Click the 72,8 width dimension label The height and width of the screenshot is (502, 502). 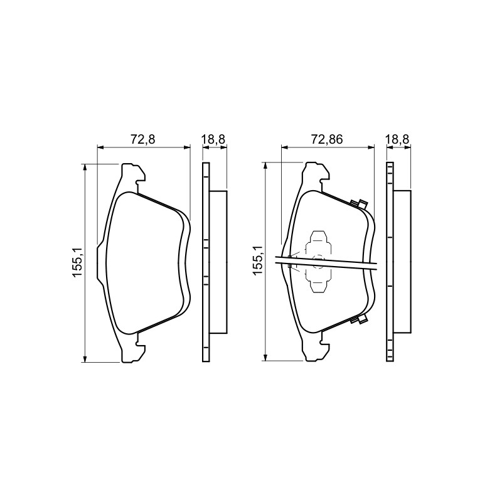[143, 139]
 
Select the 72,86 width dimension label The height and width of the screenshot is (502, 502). [326, 139]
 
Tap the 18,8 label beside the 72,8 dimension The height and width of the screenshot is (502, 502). [213, 139]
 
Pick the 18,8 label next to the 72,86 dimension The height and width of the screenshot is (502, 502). [397, 139]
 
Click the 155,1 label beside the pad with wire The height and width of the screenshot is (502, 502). [258, 260]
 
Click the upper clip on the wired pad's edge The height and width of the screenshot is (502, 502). [358, 204]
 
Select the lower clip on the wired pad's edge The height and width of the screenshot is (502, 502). [358, 319]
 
